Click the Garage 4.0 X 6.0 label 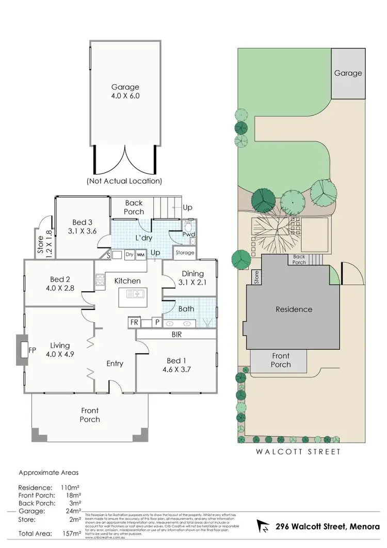click(x=125, y=91)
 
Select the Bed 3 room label click(x=78, y=227)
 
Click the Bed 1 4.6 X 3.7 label click(x=174, y=365)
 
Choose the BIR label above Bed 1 click(x=177, y=335)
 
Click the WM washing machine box click(x=140, y=255)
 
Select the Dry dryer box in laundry click(x=129, y=255)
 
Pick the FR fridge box click(x=134, y=322)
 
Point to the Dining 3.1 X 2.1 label click(x=189, y=277)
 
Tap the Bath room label click(x=187, y=309)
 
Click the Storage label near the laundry click(x=185, y=253)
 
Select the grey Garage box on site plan click(x=348, y=73)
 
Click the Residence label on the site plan click(x=294, y=309)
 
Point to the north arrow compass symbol click(x=264, y=527)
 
